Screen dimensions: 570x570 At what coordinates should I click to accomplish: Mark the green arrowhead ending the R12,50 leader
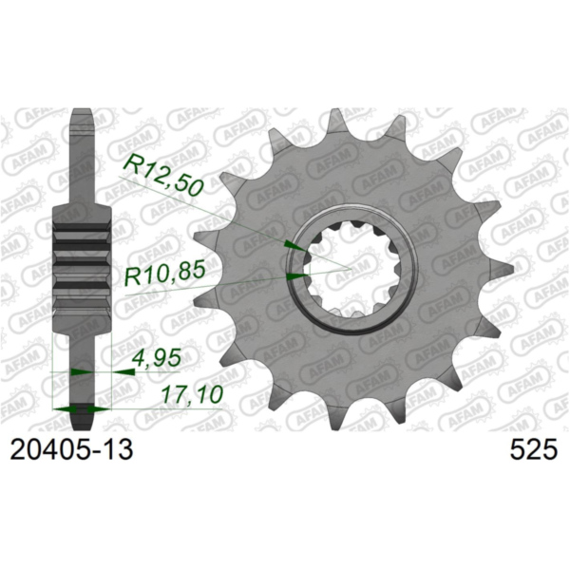point(295,245)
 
